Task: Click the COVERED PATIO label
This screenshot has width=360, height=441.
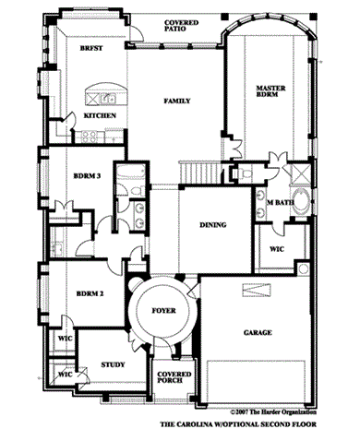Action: [x=181, y=26]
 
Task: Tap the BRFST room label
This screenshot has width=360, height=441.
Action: [x=91, y=48]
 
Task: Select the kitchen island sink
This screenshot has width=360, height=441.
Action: [x=108, y=99]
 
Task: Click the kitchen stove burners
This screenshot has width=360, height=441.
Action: [x=90, y=137]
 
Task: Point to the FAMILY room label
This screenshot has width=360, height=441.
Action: [x=177, y=101]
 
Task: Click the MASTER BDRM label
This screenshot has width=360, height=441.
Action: [x=270, y=91]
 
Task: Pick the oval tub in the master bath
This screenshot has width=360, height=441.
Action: [x=301, y=201]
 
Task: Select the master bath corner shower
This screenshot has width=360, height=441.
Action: [x=301, y=174]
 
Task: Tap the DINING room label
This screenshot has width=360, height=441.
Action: [x=213, y=225]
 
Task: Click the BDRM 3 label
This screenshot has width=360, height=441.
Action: [x=88, y=176]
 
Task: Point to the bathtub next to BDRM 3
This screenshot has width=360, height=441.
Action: [x=131, y=171]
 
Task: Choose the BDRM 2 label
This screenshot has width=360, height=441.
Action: [x=90, y=293]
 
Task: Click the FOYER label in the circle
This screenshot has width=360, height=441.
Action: [x=163, y=311]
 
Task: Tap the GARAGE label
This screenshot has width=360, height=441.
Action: [x=258, y=332]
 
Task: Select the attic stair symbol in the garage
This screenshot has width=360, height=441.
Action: [x=257, y=290]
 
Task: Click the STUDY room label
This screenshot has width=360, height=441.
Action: [x=113, y=364]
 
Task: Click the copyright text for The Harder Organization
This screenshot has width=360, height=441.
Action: [x=273, y=411]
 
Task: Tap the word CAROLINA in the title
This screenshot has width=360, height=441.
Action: [x=194, y=424]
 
